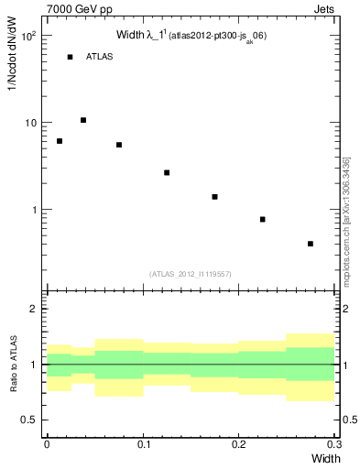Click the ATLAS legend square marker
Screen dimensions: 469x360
pyautogui.click(x=70, y=57)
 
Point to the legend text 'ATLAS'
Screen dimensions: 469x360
pyautogui.click(x=99, y=57)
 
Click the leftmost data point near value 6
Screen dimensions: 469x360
pyautogui.click(x=60, y=141)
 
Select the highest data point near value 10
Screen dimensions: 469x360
pyautogui.click(x=83, y=120)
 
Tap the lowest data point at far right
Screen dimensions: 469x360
pyautogui.click(x=311, y=244)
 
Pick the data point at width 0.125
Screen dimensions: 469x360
pyautogui.click(x=167, y=172)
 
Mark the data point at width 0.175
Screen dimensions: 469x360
pyautogui.click(x=214, y=197)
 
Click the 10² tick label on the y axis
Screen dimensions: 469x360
pyautogui.click(x=29, y=37)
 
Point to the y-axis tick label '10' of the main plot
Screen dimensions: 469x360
pyautogui.click(x=31, y=123)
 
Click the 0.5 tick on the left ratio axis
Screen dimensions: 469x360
pyautogui.click(x=32, y=420)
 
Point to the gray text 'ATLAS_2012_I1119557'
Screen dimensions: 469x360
pyautogui.click(x=191, y=274)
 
